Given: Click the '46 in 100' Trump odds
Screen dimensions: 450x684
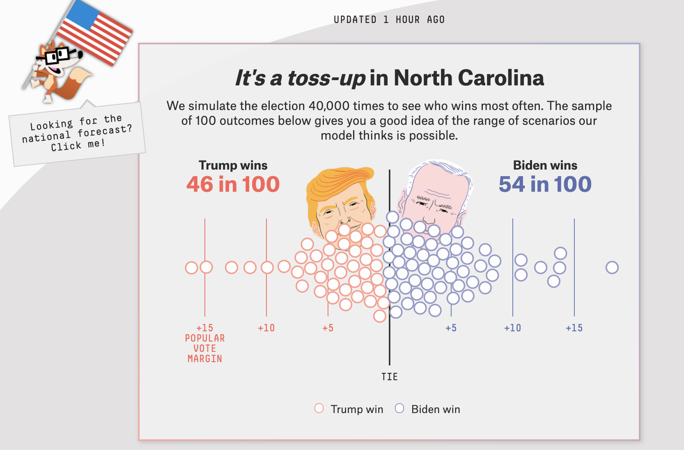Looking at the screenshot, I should (x=233, y=184).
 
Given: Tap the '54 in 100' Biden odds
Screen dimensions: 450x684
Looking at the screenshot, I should (x=545, y=184).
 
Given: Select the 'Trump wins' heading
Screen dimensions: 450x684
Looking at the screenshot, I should (x=233, y=165).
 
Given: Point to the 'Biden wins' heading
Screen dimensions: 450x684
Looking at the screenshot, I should (x=545, y=165).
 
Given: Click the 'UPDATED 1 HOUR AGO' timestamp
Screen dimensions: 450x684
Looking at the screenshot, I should (x=389, y=20).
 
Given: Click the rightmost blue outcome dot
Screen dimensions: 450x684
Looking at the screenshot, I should (x=612, y=267).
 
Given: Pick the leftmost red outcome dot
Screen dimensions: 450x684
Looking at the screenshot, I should (x=191, y=268).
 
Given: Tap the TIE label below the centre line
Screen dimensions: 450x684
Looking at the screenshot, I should (x=389, y=377).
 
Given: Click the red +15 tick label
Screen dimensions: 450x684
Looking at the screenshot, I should (x=204, y=328).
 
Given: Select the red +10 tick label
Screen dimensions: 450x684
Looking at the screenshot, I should (x=266, y=328).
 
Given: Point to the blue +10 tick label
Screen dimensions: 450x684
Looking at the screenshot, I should (x=512, y=328).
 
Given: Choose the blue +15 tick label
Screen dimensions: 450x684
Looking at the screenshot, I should (x=574, y=328).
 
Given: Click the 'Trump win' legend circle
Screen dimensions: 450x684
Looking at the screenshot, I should (x=319, y=408).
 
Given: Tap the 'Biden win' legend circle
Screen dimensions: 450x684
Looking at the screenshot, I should (x=399, y=408).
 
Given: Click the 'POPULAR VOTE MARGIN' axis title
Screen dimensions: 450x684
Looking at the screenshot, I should (x=204, y=349).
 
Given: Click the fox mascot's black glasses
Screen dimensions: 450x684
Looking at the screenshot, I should (x=57, y=55).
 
